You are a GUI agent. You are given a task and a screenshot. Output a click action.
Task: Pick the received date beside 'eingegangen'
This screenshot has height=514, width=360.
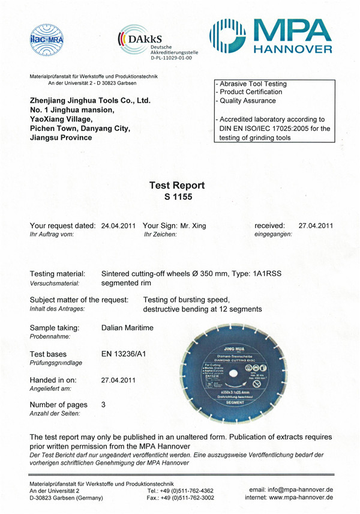[x=315, y=226]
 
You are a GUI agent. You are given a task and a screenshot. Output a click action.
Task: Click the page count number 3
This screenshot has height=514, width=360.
[x=104, y=405]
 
